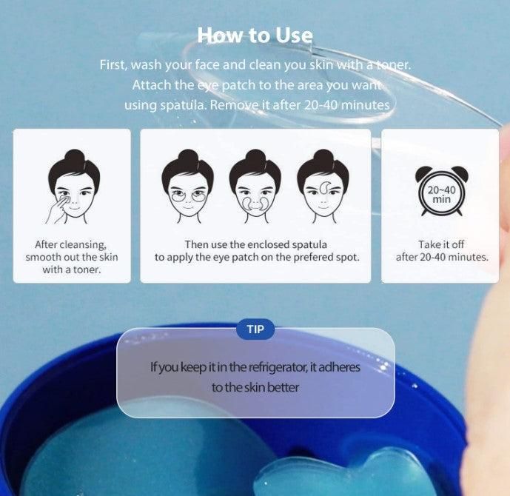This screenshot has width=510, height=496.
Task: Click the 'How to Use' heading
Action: click(255, 35)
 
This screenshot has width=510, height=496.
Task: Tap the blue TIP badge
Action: click(255, 329)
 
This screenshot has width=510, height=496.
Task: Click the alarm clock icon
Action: click(441, 191)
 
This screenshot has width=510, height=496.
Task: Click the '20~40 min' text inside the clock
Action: click(441, 194)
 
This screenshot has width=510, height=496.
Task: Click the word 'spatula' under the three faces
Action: click(309, 244)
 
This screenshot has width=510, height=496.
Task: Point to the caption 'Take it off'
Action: click(441, 244)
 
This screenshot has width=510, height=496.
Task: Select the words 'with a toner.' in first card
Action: click(72, 269)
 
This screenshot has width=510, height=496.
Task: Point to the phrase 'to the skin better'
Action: click(255, 387)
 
